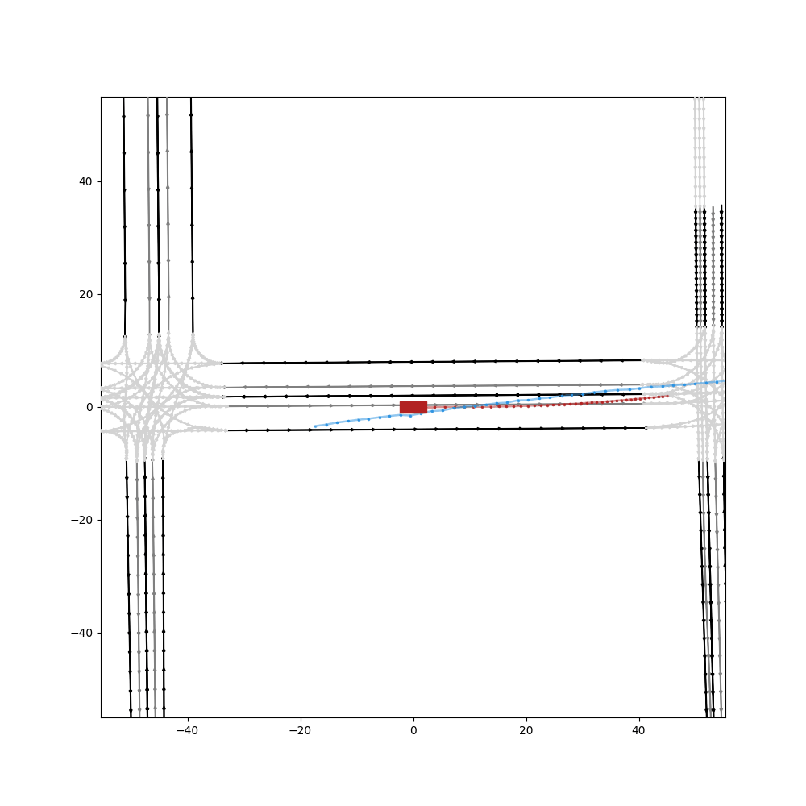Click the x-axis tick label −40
187,731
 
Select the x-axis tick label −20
300,731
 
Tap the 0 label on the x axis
413,731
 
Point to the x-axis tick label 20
526,731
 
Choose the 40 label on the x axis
638,731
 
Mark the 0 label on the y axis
89,407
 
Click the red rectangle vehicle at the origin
413,407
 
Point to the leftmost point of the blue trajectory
315,426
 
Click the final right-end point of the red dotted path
668,396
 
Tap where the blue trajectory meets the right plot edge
725,380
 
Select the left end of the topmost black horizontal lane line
222,364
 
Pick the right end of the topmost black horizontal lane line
642,360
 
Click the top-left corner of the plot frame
101,97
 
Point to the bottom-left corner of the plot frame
101,717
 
